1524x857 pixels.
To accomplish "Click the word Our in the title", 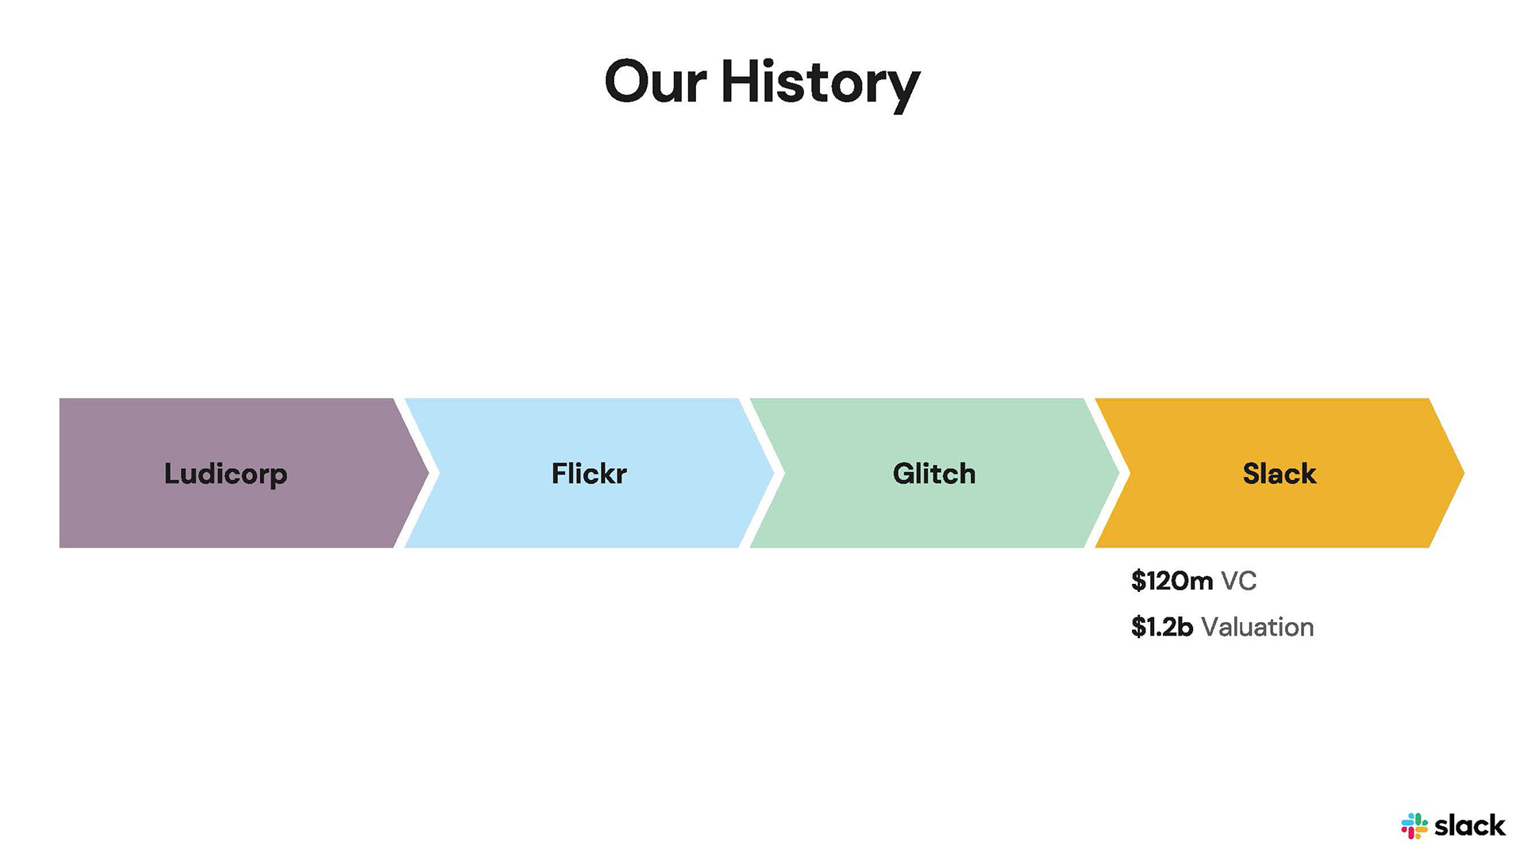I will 656,82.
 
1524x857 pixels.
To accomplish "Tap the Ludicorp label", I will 225,474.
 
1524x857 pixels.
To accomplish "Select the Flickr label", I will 589,474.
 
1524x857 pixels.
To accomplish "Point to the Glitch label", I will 934,474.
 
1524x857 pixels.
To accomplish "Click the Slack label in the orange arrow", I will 1279,474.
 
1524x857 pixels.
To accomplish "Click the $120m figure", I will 1172,581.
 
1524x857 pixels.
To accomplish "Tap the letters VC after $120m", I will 1238,581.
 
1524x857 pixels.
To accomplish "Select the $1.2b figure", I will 1162,627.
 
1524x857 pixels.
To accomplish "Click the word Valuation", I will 1257,627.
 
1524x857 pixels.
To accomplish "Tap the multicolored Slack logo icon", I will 1414,826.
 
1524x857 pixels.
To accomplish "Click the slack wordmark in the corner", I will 1469,826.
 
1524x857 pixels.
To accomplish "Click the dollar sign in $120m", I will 1138,581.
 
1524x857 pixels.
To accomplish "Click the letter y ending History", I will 903,89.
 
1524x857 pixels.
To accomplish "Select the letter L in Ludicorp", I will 171,474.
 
